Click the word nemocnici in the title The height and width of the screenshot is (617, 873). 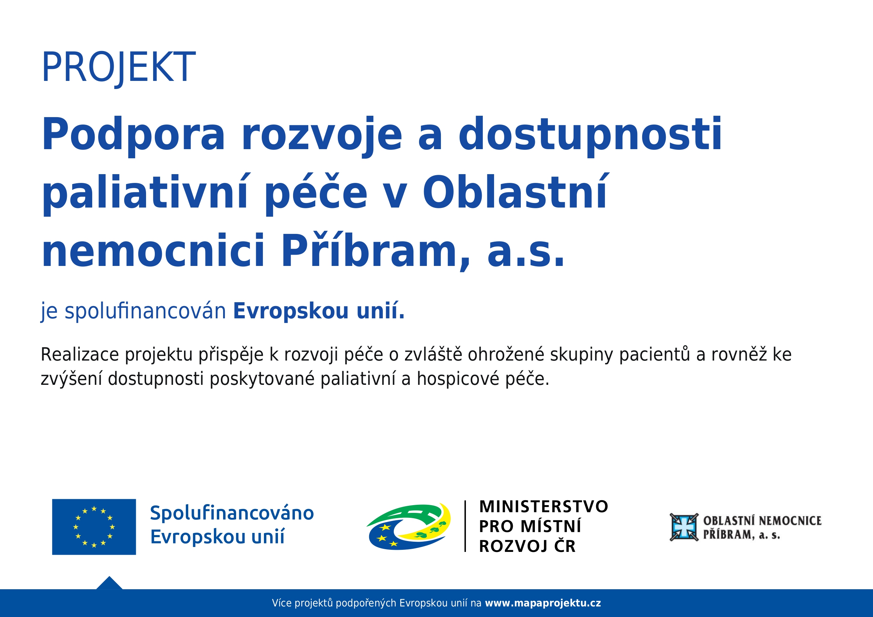[x=153, y=250]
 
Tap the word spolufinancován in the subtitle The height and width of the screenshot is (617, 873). [x=145, y=311]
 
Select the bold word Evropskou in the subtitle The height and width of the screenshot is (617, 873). [x=291, y=311]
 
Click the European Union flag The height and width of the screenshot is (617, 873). [x=94, y=527]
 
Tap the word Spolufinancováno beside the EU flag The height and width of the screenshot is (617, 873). [x=232, y=513]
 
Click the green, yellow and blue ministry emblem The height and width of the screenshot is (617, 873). [x=409, y=527]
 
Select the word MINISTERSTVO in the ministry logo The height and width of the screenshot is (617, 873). [x=544, y=507]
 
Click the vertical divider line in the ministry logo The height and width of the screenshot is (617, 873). [x=466, y=526]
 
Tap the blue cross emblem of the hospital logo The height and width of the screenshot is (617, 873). [x=684, y=527]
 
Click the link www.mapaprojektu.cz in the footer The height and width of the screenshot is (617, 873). [x=543, y=603]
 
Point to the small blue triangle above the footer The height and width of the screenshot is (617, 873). [x=109, y=584]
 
